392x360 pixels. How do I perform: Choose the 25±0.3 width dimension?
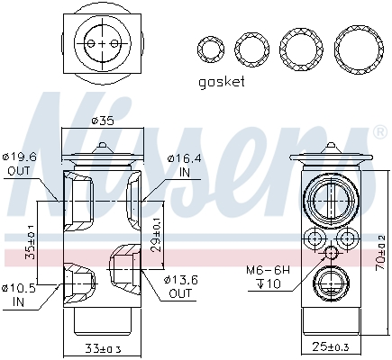point(330,347)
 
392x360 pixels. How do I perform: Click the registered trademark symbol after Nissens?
point(379,131)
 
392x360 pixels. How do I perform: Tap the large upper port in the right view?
point(329,200)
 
